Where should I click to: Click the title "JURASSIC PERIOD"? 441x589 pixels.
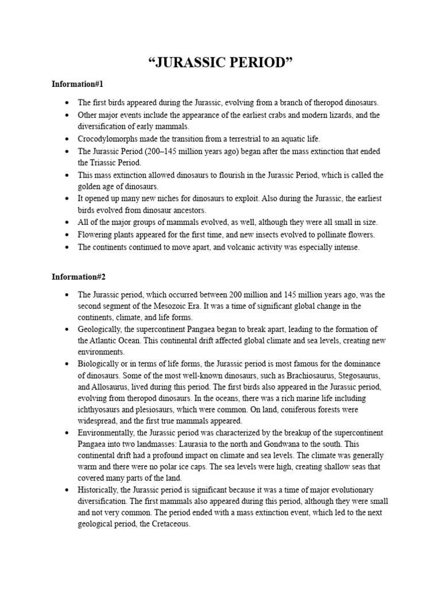point(220,62)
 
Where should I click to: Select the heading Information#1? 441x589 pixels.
point(78,85)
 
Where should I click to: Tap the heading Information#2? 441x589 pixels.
point(78,277)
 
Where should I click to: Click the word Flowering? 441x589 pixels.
point(95,234)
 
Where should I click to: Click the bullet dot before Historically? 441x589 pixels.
point(67,490)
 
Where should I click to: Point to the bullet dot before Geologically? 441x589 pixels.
point(67,329)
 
